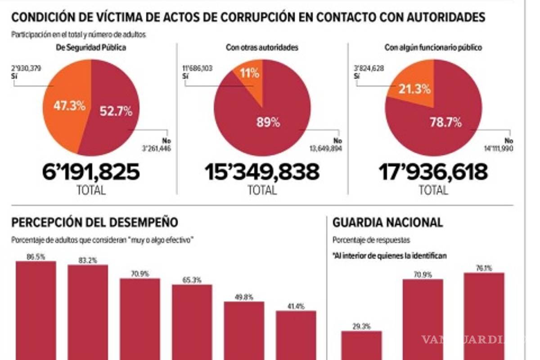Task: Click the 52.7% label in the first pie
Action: click(116, 111)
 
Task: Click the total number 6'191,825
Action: click(91, 172)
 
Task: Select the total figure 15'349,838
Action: click(262, 172)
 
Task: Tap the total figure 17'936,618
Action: click(433, 172)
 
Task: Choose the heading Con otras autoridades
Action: click(263, 47)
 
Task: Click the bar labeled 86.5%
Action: click(36, 310)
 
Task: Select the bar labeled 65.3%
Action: click(192, 322)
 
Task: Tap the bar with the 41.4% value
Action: click(296, 335)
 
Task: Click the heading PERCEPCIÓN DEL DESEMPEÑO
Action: click(94, 222)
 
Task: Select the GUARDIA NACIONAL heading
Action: click(387, 222)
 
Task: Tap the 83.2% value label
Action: click(88, 260)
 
